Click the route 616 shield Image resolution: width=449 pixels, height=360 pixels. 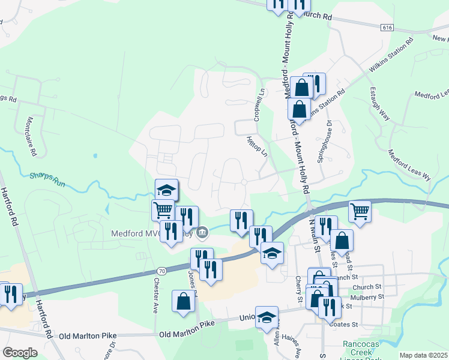387,28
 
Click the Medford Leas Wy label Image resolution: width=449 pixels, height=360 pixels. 410,165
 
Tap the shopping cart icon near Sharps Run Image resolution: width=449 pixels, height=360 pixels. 163,211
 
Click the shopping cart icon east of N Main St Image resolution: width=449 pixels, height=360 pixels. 360,211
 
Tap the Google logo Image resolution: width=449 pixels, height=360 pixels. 20,353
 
